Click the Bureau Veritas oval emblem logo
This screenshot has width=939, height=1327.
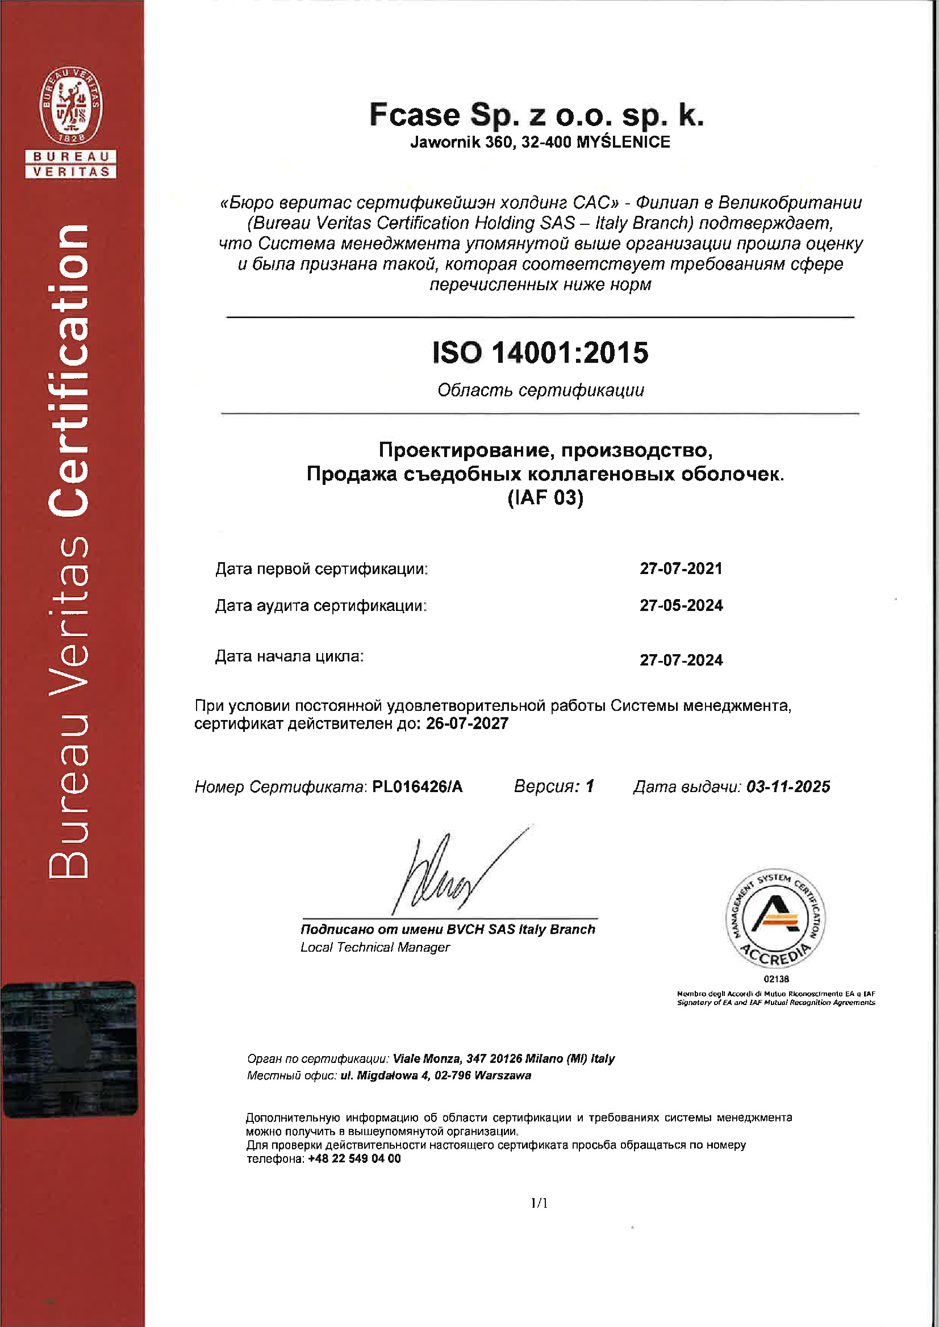[x=70, y=105]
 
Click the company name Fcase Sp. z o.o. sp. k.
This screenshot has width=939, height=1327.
[x=537, y=115]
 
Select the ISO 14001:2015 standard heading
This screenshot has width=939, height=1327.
[x=541, y=353]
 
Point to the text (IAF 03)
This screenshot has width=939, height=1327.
[x=545, y=497]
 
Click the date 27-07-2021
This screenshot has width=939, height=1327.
[x=681, y=569]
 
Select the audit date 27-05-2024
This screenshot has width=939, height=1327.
[x=681, y=606]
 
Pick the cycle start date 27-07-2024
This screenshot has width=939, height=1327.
[x=681, y=660]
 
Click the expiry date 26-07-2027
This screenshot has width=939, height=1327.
[x=467, y=723]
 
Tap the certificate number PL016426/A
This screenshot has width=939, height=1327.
[x=417, y=786]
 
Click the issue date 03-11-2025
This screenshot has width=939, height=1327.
[x=788, y=786]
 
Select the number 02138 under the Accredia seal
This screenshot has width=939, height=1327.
[x=776, y=979]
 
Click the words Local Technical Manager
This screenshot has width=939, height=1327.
[x=375, y=947]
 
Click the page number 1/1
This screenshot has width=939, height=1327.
[x=539, y=1203]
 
